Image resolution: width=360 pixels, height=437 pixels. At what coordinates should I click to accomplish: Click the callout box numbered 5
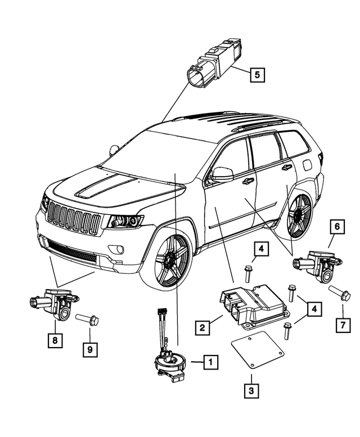[256, 75]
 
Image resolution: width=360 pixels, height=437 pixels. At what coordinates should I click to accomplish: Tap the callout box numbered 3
[251, 390]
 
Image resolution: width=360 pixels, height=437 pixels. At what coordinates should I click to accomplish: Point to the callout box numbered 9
[88, 349]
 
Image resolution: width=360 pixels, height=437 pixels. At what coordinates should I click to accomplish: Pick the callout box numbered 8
[55, 340]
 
